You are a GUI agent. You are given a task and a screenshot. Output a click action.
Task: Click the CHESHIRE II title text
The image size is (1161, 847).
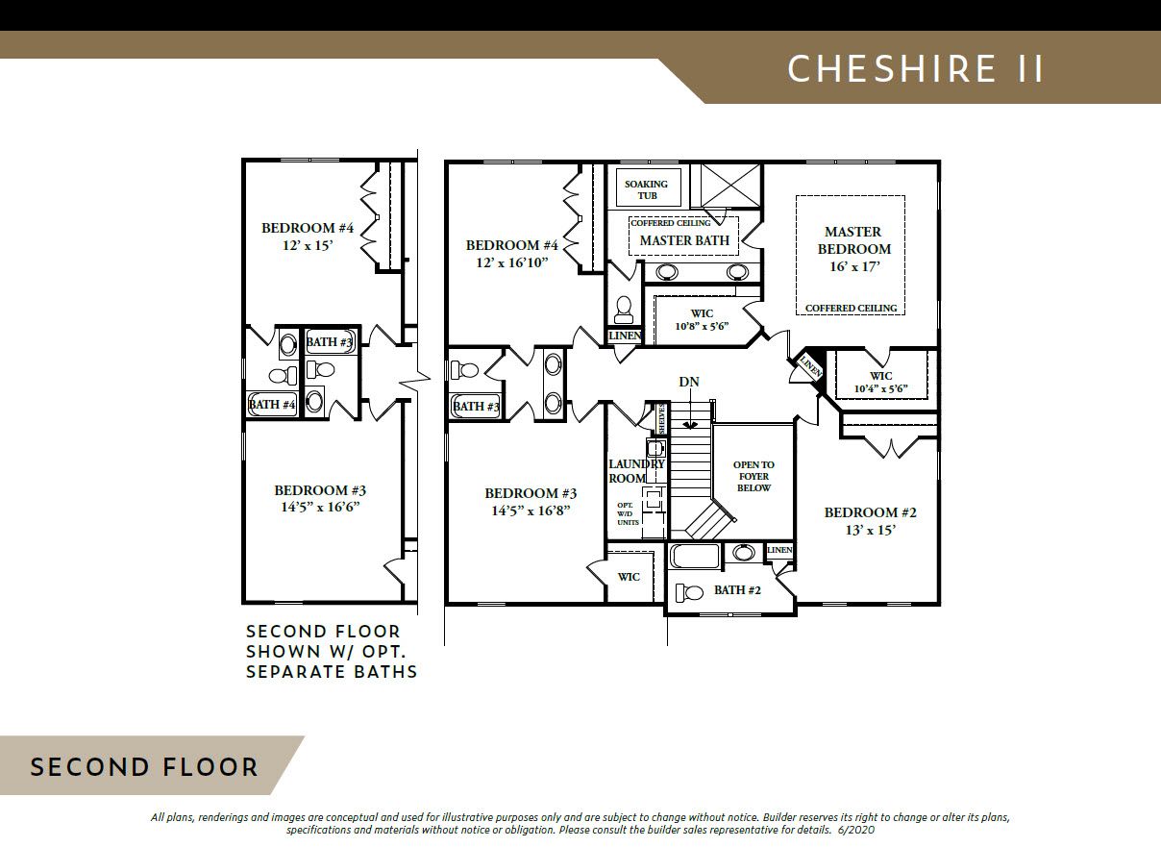[x=915, y=69]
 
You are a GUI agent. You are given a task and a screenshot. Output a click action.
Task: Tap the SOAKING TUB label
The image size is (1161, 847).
[x=646, y=189]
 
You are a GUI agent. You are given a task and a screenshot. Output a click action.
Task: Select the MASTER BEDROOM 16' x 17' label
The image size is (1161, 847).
[x=854, y=249]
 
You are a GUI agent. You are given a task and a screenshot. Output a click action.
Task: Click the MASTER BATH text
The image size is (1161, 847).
[x=684, y=240]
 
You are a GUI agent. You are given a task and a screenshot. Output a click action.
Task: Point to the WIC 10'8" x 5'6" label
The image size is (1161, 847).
[x=702, y=320]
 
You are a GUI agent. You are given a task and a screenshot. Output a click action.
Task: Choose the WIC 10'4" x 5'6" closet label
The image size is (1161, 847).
[x=880, y=382]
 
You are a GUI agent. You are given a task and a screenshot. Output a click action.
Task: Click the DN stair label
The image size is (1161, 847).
[x=689, y=382]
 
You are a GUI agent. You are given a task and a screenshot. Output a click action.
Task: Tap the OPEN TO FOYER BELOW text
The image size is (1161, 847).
[x=753, y=476]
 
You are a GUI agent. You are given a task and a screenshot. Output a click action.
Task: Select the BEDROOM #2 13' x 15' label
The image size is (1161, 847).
[x=870, y=521]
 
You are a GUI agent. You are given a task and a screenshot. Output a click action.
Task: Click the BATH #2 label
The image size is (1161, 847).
[x=737, y=590]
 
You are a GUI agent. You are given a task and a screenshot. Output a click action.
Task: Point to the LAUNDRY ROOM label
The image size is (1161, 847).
[x=636, y=471]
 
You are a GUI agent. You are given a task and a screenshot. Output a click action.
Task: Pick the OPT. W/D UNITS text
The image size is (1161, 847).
[x=628, y=513]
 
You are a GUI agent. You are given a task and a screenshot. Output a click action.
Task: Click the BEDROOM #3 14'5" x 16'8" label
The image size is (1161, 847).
[x=531, y=502]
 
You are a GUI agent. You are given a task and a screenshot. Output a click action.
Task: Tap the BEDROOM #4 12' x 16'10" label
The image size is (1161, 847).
[x=512, y=254]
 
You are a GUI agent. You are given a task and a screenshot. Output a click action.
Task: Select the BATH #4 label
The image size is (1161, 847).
[x=272, y=405]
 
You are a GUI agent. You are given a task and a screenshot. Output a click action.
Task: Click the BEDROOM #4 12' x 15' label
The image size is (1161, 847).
[x=308, y=237]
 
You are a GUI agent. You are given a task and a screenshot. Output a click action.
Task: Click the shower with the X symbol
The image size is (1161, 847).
[x=726, y=187]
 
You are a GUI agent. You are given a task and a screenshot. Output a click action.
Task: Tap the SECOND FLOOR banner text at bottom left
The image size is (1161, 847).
[x=144, y=767]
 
